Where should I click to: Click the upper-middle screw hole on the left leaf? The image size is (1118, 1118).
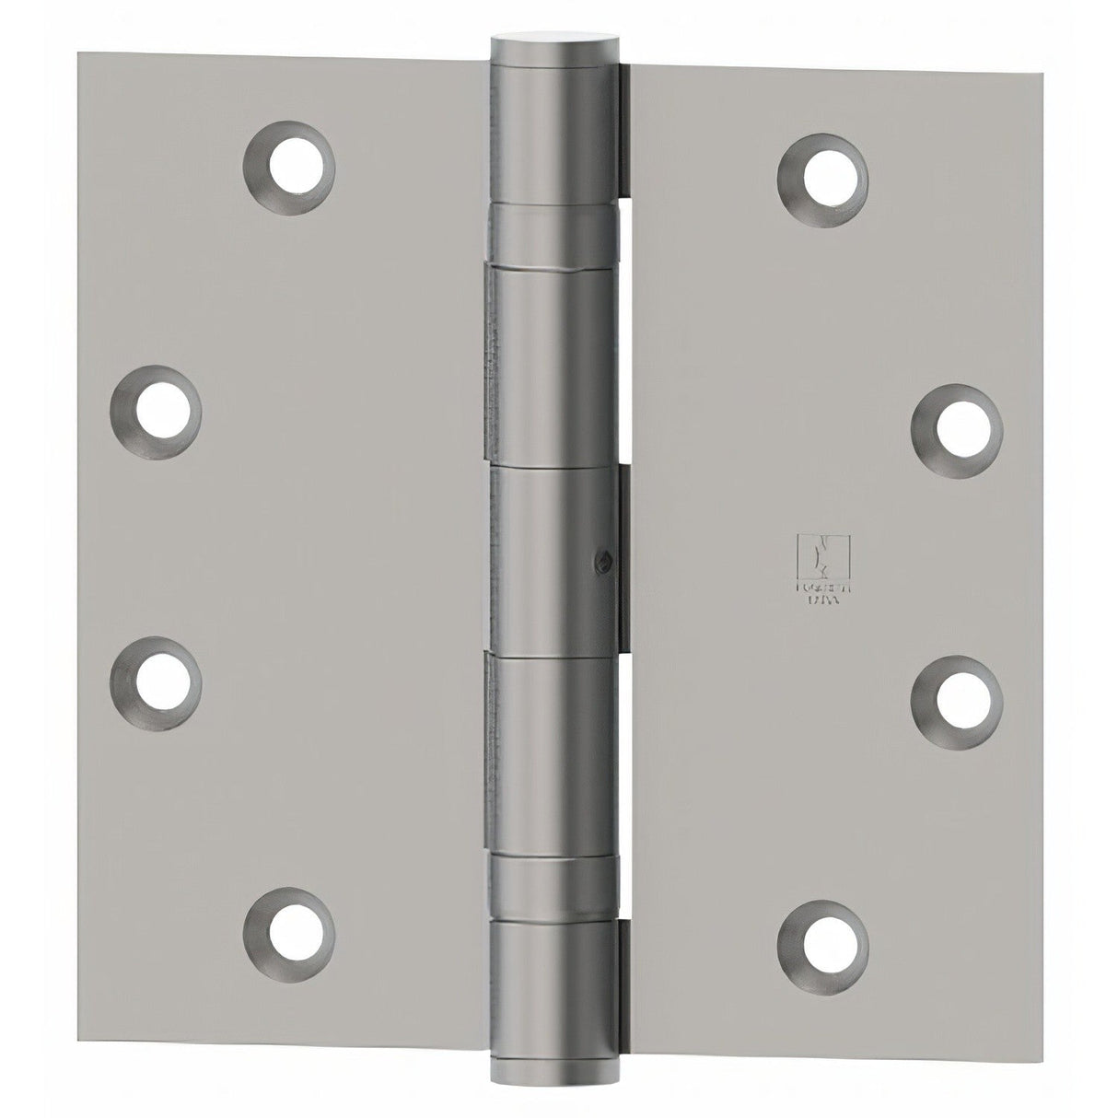[156, 410]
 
